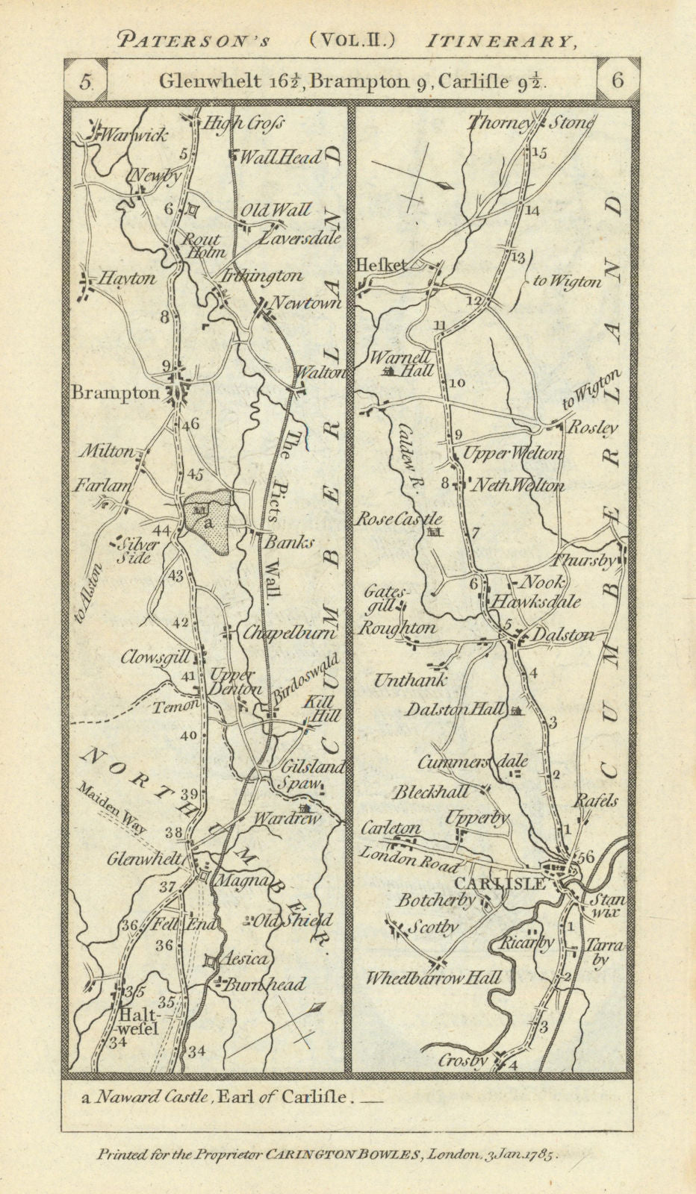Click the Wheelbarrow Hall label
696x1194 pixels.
click(433, 978)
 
